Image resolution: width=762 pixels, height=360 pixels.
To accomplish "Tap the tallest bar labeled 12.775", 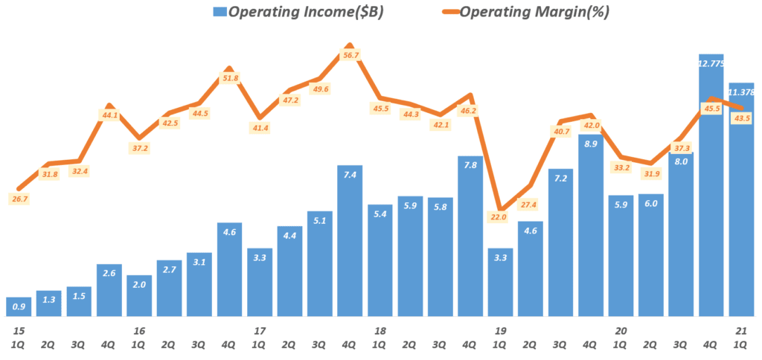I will (x=711, y=186).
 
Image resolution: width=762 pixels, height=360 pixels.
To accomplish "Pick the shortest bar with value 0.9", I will (x=19, y=306).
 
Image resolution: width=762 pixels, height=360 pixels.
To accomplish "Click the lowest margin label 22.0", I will (x=498, y=217).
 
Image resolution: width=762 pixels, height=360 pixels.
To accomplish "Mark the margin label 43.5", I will (x=741, y=118).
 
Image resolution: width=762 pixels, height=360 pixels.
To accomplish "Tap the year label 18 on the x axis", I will (x=380, y=330).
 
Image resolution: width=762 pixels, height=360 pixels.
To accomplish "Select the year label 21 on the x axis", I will (x=741, y=330).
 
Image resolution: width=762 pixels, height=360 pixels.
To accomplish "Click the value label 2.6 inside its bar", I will (x=109, y=274).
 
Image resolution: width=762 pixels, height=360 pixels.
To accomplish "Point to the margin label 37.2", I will (x=139, y=148).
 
